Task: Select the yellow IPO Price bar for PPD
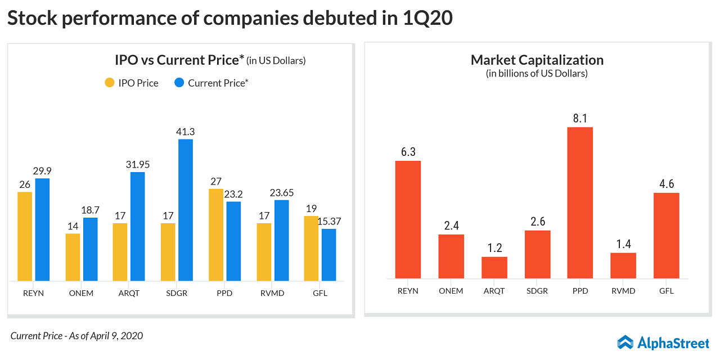click(216, 235)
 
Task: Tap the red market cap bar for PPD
click(580, 202)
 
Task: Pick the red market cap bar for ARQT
click(494, 268)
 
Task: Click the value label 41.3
click(186, 132)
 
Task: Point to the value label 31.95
click(138, 165)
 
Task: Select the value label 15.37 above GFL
click(328, 222)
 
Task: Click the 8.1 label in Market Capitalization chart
click(580, 119)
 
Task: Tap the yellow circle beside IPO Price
click(110, 83)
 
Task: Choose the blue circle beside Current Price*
click(179, 83)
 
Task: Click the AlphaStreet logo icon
click(625, 342)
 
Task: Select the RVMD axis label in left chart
click(273, 293)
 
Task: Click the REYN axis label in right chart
click(408, 291)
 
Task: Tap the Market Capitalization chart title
click(537, 60)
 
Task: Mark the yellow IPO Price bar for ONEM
click(73, 257)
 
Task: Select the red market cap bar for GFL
click(666, 236)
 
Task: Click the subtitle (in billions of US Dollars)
click(537, 74)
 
